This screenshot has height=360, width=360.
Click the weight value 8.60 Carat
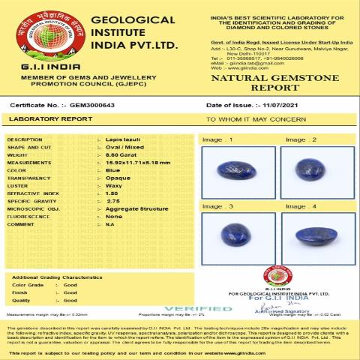120,154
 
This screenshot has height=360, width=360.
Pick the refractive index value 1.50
112,193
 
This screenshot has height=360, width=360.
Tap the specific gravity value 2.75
112,201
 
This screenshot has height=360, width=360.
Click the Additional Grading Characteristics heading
56,277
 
